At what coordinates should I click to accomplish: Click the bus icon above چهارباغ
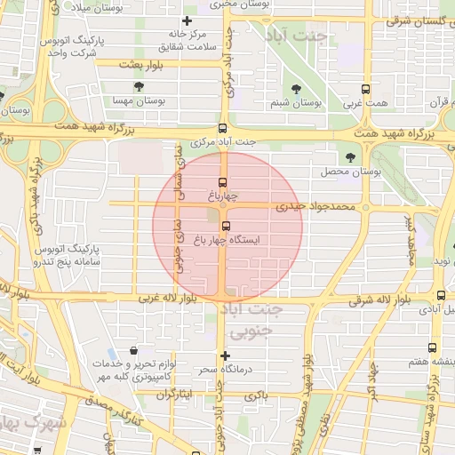click(x=222, y=182)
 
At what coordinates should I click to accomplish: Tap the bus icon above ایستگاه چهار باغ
click(x=226, y=226)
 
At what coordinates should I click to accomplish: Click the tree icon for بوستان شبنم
click(x=296, y=89)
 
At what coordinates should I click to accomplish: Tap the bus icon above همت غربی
click(x=365, y=89)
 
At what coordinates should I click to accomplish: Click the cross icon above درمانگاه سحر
click(x=225, y=355)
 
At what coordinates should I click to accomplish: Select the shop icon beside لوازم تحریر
click(x=133, y=352)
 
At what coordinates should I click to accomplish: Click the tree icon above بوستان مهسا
click(x=139, y=86)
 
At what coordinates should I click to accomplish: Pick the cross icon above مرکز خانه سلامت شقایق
click(x=186, y=21)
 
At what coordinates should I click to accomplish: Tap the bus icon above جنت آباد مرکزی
click(x=222, y=128)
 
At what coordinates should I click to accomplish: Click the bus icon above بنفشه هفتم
click(x=432, y=348)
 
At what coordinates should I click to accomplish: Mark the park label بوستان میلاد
click(x=104, y=7)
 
